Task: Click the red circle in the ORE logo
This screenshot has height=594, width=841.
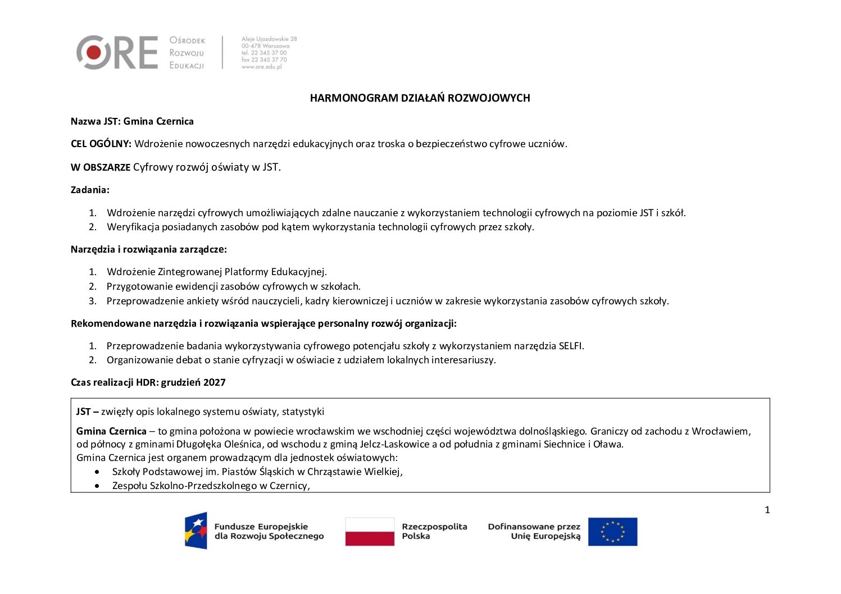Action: point(93,53)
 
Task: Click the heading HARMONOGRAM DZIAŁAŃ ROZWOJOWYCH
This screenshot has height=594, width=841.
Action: point(420,98)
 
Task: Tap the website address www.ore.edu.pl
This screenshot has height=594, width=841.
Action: point(261,67)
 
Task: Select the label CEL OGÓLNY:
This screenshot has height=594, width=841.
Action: point(101,144)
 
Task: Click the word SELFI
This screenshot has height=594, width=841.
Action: point(571,346)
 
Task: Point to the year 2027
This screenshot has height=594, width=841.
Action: point(215,383)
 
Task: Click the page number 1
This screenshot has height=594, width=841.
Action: point(767,510)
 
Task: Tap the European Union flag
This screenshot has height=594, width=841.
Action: point(612,531)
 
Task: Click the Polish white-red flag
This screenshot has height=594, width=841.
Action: point(370,531)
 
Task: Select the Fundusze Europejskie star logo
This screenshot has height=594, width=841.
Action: point(196,531)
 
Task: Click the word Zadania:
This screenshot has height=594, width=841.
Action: point(90,190)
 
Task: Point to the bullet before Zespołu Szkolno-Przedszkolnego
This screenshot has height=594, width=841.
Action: point(99,486)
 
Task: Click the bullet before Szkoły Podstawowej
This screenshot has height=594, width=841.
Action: point(99,472)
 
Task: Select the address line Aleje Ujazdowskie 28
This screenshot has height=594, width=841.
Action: point(269,39)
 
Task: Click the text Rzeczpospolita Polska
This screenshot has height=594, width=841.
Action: point(434,531)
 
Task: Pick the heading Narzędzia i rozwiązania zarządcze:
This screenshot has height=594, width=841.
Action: point(149,249)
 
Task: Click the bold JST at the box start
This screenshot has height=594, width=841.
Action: point(83,412)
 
